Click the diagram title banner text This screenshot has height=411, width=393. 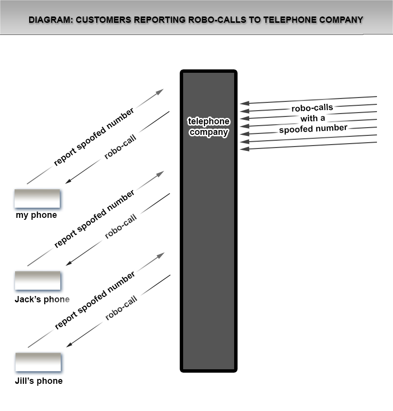click(196, 20)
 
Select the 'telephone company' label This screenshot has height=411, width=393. click(209, 127)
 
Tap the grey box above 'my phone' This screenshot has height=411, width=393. click(37, 198)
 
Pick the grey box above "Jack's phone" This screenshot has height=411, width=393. click(37, 280)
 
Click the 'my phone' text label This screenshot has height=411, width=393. click(36, 215)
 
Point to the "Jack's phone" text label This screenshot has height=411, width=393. click(42, 299)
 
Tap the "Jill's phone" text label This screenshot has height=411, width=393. click(39, 381)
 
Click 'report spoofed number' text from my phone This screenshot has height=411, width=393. click(94, 137)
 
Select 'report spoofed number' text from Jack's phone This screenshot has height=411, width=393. click(94, 219)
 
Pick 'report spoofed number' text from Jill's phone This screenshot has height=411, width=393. click(95, 301)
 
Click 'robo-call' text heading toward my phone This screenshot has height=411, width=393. click(120, 147)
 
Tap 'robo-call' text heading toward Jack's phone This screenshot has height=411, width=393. click(121, 227)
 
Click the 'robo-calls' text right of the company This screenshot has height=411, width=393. click(312, 108)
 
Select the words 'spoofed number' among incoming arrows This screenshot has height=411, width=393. click(313, 129)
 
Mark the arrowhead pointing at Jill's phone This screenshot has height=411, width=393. click(69, 345)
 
